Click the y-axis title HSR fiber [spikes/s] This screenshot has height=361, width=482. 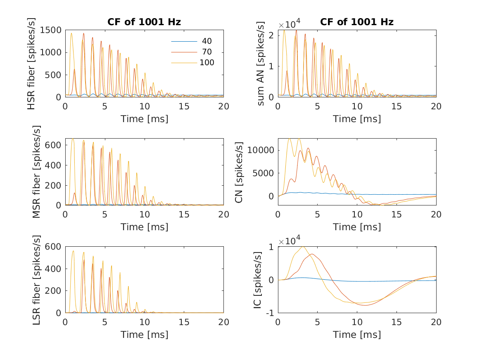point(31,64)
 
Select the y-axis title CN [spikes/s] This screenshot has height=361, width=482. point(239,172)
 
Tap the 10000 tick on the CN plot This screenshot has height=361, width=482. point(261,150)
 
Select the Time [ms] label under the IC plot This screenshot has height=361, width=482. point(357,334)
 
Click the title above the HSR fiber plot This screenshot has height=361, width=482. point(144,22)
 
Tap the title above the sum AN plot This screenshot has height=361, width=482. point(357,22)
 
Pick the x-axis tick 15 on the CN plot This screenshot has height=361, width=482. point(397,214)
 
